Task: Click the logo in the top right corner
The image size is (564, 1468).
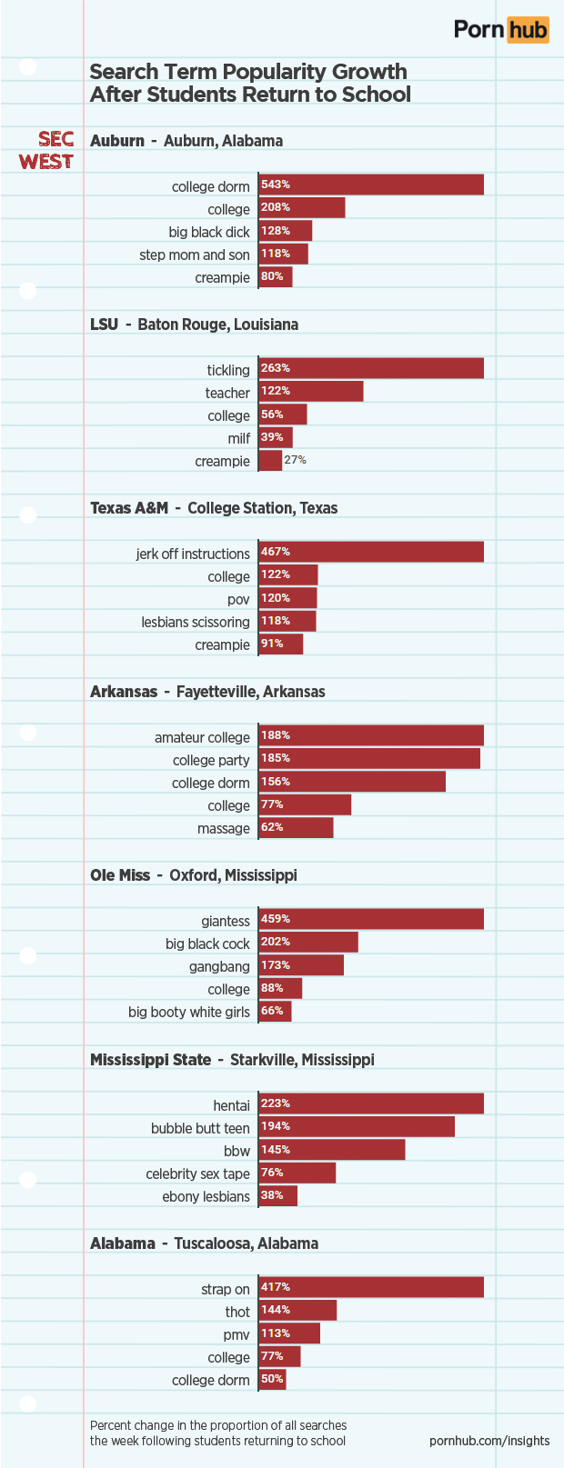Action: pos(501,29)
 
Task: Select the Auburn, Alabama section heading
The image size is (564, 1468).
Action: pos(186,141)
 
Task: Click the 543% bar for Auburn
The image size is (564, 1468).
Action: pos(371,185)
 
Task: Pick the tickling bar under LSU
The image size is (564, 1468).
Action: pos(371,368)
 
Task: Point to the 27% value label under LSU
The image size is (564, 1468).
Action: pos(295,460)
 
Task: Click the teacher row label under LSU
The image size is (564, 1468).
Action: pos(227,393)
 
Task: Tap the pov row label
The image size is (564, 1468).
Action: pos(238,599)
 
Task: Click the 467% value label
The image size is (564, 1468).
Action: pos(276,552)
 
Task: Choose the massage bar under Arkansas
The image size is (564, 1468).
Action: pos(296,827)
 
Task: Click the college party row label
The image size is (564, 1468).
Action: pos(211,760)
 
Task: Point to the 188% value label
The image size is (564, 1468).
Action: pos(276,735)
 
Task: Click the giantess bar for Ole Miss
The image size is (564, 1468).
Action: pos(371,919)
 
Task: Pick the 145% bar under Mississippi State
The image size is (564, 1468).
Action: pos(332,1150)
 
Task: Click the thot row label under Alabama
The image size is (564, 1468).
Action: pos(237,1312)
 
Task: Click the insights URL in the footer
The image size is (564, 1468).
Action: pos(489,1441)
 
